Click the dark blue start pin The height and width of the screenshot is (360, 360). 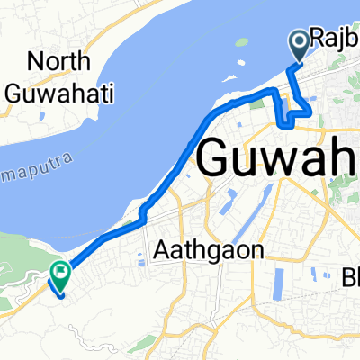point(299,43)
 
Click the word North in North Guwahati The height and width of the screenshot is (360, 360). point(60,62)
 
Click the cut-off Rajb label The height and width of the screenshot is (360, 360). point(335,38)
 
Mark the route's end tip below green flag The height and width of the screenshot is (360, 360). point(59,293)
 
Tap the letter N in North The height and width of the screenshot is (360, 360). point(37,62)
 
